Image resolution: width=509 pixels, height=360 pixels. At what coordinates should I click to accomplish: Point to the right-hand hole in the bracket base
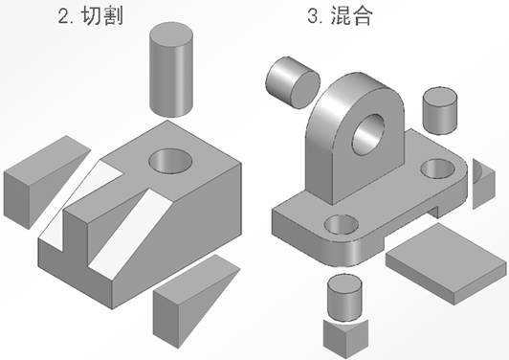(442, 170)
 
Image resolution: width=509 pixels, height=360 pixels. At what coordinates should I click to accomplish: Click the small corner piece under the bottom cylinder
(344, 336)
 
